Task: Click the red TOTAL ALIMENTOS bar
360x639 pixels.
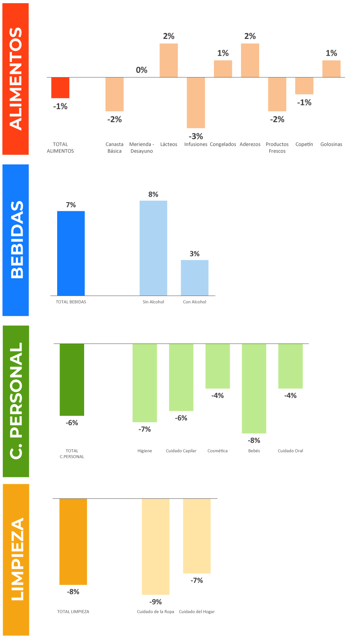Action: [60, 88]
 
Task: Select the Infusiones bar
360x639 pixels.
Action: [196, 102]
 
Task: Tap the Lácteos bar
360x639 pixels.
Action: [169, 60]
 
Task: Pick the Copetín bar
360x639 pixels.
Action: [304, 86]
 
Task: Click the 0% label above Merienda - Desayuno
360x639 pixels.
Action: [142, 70]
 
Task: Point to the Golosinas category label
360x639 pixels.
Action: [331, 144]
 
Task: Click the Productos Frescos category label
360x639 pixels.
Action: [277, 147]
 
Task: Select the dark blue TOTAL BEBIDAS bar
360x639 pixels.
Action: [71, 253]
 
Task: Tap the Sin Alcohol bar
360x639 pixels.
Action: [153, 248]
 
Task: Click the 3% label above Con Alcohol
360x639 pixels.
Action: [194, 254]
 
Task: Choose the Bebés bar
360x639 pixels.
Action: [254, 388]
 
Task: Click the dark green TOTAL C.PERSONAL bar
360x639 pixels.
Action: [72, 379]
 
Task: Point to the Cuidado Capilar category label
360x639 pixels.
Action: [181, 451]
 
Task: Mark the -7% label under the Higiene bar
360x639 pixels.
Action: [144, 429]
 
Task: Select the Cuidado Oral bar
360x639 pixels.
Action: [291, 366]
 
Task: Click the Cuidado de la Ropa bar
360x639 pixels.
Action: [156, 546]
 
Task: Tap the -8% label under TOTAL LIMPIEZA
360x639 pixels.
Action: [73, 592]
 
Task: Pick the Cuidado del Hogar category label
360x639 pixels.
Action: [197, 612]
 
